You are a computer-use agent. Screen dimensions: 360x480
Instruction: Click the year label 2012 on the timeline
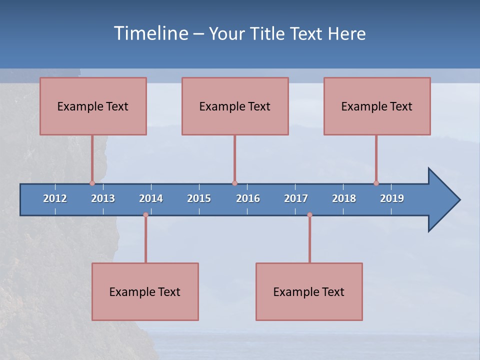(55, 198)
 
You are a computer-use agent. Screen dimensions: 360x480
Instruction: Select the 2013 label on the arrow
(103, 198)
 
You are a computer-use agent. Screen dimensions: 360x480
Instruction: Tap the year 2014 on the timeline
(151, 198)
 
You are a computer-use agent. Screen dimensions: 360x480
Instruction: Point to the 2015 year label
(199, 198)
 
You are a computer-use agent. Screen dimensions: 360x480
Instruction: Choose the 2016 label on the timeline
(248, 198)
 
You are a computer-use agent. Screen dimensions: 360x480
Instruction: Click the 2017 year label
(296, 198)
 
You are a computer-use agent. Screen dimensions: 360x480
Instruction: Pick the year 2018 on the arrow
(344, 198)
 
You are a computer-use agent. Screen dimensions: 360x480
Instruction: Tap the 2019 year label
(392, 198)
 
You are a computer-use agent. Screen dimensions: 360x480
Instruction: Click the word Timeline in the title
(150, 33)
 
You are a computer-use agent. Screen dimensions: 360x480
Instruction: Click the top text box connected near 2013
(93, 106)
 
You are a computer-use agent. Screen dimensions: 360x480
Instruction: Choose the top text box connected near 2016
(235, 106)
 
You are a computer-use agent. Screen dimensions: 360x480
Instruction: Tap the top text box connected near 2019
(377, 106)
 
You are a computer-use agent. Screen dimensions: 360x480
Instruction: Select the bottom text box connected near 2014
(145, 291)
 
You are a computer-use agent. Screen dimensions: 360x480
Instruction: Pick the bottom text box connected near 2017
(309, 291)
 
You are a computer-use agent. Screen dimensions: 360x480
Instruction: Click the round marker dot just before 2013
(92, 183)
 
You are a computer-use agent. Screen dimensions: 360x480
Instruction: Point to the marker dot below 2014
(145, 215)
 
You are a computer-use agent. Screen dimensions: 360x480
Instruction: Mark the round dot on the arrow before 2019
(376, 183)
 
